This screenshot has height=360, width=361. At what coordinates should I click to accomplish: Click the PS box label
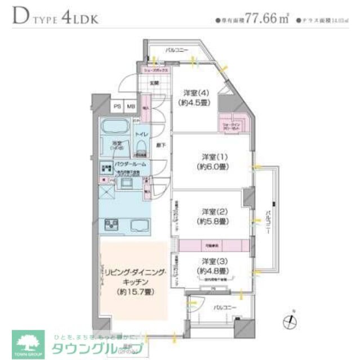[118, 106]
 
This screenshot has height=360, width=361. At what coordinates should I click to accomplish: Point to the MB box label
[130, 106]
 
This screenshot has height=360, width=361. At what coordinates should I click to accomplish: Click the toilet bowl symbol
[141, 147]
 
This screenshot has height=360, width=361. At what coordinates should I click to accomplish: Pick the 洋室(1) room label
[215, 156]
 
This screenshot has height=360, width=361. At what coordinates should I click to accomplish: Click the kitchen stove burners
[109, 225]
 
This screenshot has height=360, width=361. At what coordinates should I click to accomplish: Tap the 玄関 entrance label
[154, 83]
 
